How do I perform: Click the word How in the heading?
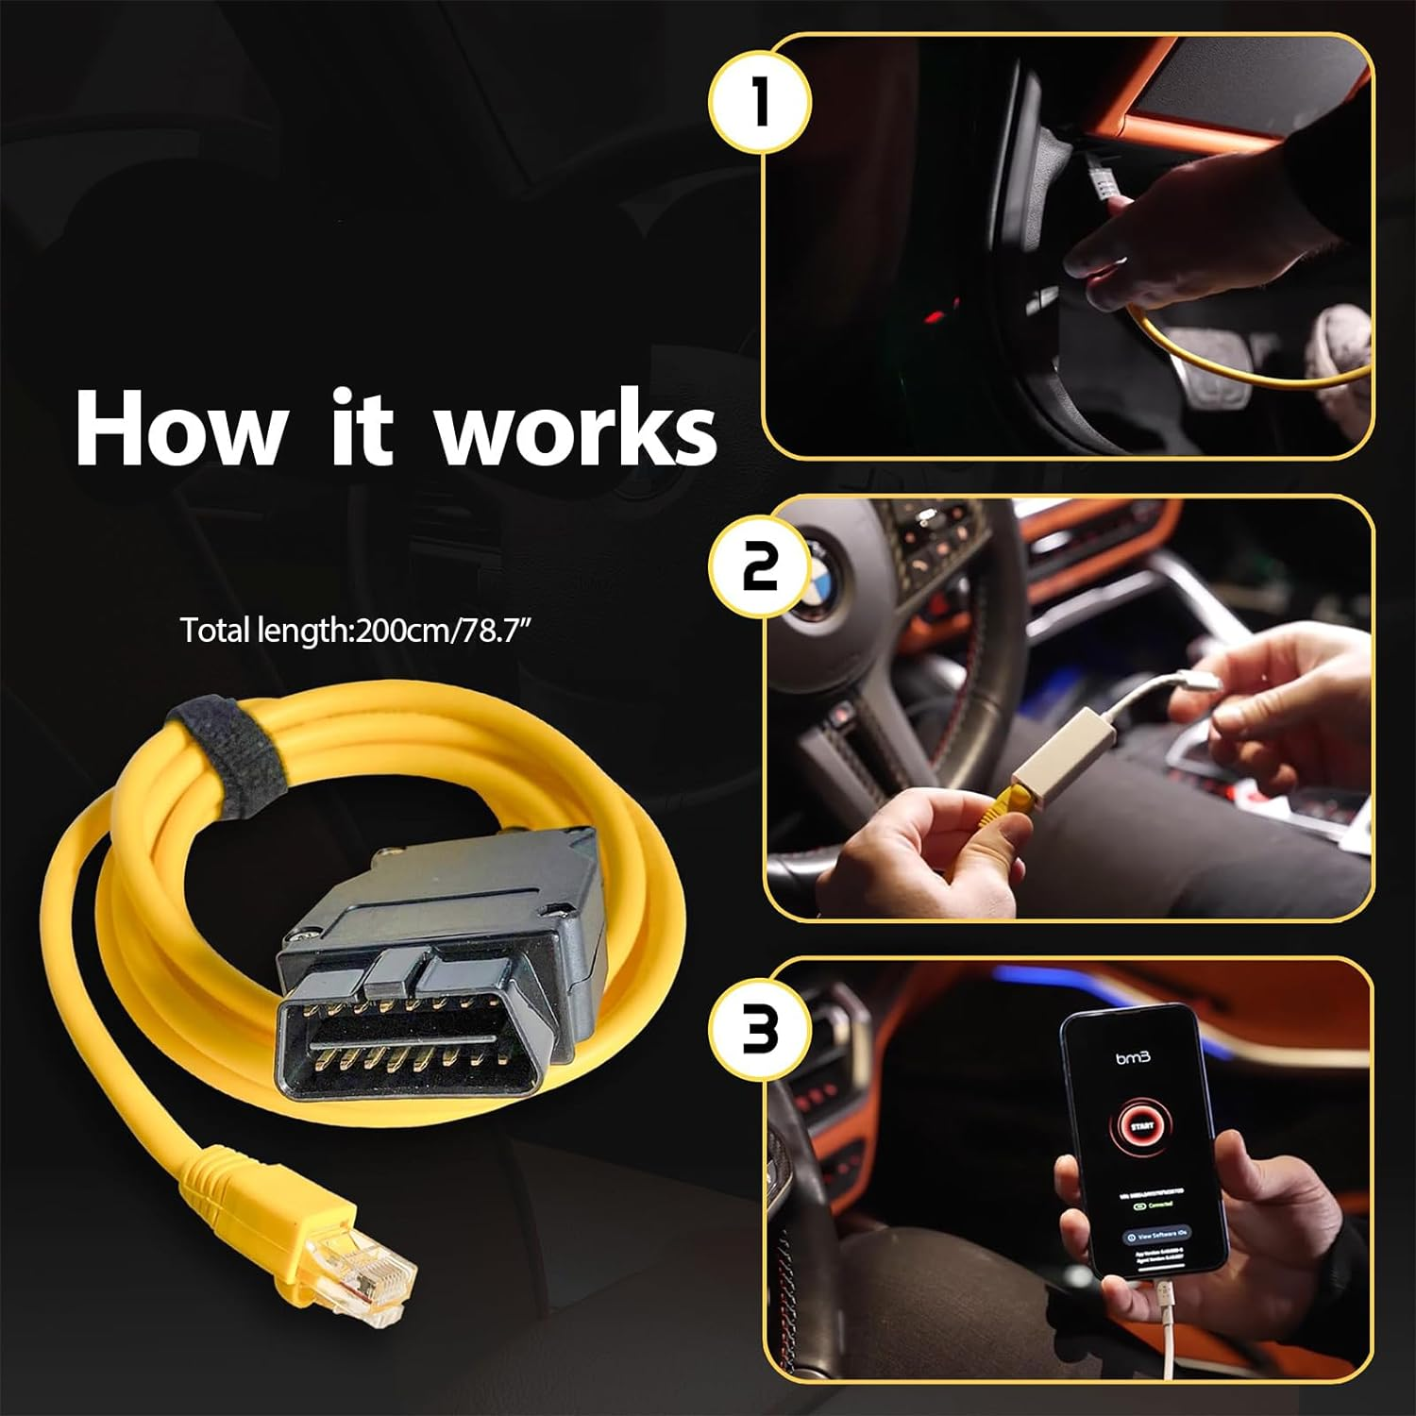pyautogui.click(x=179, y=430)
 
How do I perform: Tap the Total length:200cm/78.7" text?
pyautogui.click(x=362, y=630)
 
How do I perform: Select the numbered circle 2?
pyautogui.click(x=760, y=567)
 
